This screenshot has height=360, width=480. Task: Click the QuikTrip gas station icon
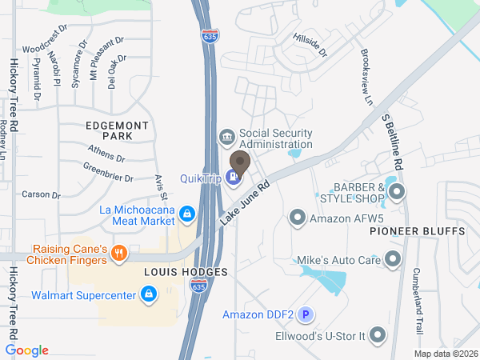234,177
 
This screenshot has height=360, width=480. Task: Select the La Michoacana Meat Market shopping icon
186,214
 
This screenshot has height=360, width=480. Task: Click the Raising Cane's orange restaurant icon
119,254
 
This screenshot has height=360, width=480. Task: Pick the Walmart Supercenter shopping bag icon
148,295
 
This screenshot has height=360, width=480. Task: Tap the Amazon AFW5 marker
298,217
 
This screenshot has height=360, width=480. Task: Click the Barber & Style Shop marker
396,191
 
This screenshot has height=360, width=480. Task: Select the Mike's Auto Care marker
392,258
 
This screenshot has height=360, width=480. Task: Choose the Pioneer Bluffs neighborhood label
418,231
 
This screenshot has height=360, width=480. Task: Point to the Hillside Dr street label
311,46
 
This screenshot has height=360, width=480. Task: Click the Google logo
27,350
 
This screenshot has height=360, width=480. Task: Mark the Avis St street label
161,187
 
